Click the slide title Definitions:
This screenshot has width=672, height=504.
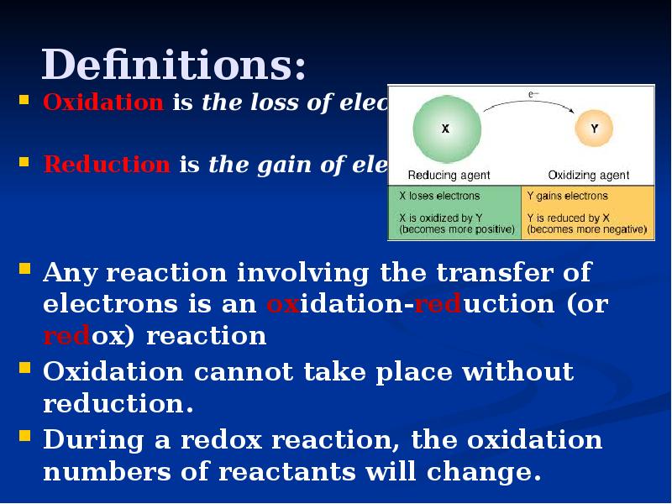(174, 64)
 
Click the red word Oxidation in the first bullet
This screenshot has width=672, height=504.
(103, 102)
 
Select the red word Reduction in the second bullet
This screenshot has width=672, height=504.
(106, 165)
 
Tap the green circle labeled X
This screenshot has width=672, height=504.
(446, 129)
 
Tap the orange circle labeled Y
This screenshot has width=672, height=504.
(594, 129)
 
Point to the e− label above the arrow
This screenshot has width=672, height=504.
(533, 96)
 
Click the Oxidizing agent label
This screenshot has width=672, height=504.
(589, 175)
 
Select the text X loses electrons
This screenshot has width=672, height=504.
(439, 196)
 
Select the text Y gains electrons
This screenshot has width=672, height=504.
(567, 196)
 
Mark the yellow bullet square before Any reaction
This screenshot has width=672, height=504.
(25, 270)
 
